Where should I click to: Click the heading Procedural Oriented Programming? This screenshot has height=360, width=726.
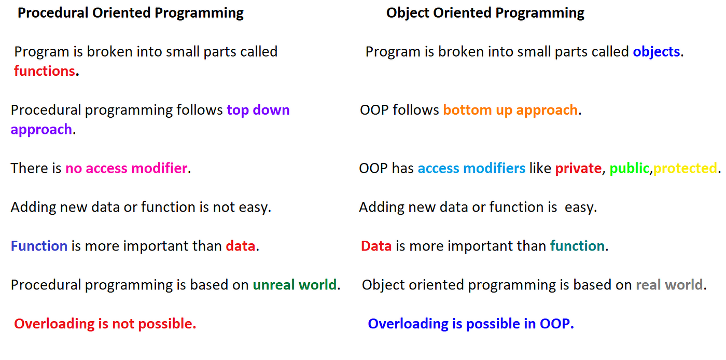click(x=130, y=13)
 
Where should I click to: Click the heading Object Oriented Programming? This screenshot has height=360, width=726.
click(x=485, y=13)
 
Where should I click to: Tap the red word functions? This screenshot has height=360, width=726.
click(x=45, y=71)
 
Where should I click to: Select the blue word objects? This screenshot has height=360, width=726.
click(x=657, y=52)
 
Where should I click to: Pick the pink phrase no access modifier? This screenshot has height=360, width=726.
click(x=127, y=168)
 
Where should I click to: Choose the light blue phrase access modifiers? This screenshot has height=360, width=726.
click(x=471, y=168)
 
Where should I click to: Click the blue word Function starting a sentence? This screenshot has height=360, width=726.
click(x=39, y=246)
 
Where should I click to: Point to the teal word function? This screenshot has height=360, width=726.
click(x=577, y=246)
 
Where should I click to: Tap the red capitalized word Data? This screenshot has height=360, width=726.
click(x=376, y=246)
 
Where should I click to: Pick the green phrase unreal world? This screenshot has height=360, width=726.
click(x=295, y=285)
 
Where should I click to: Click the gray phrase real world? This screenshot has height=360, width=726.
click(x=669, y=285)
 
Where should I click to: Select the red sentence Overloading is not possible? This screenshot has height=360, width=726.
click(x=105, y=324)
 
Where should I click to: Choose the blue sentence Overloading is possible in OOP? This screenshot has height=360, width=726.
click(x=471, y=324)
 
